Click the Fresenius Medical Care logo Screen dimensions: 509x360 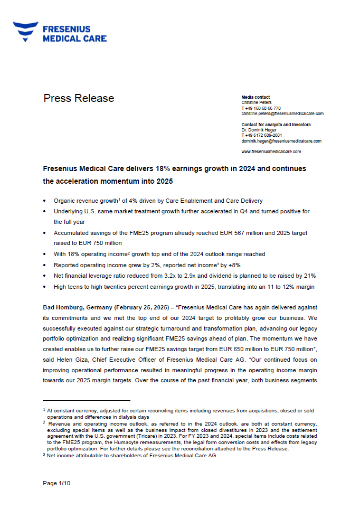[x=60, y=32]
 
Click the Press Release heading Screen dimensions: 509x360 [x=79, y=98]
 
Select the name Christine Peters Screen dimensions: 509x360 [x=257, y=102]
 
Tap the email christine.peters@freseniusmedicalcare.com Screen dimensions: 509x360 [x=282, y=114]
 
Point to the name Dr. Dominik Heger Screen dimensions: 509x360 [x=259, y=130]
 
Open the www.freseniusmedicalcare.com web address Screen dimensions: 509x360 [x=271, y=152]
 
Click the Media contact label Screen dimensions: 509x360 [x=255, y=97]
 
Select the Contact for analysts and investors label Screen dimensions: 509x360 [x=276, y=125]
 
